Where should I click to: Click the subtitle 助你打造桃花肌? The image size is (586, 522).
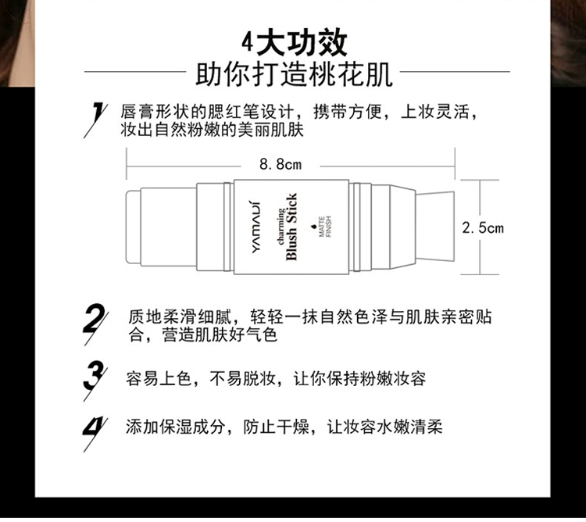pos(294,74)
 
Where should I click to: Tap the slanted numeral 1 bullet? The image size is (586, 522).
pos(96,120)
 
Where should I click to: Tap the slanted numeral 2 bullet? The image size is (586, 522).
pos(95,324)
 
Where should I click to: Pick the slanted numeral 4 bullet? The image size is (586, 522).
pos(95,434)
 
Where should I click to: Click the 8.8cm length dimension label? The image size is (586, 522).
pos(280,164)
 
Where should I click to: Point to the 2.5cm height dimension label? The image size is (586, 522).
pos(483,228)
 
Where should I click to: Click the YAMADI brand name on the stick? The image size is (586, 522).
pos(256,227)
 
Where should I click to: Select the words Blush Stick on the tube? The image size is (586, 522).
pos(291,227)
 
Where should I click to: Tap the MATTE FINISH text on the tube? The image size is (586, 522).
pos(325,227)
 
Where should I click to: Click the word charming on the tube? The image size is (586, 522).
pos(280,227)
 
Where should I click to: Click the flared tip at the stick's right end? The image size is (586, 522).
pos(435,227)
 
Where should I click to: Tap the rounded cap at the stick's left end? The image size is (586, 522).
pos(133,227)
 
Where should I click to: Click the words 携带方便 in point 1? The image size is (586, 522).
pos(348,112)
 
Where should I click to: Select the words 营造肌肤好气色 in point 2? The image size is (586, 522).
pos(220,334)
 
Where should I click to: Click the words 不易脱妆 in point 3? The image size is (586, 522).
pos(243,379)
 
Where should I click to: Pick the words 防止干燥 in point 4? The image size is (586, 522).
pos(276,427)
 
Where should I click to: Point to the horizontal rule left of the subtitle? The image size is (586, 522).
pos(135,71)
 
